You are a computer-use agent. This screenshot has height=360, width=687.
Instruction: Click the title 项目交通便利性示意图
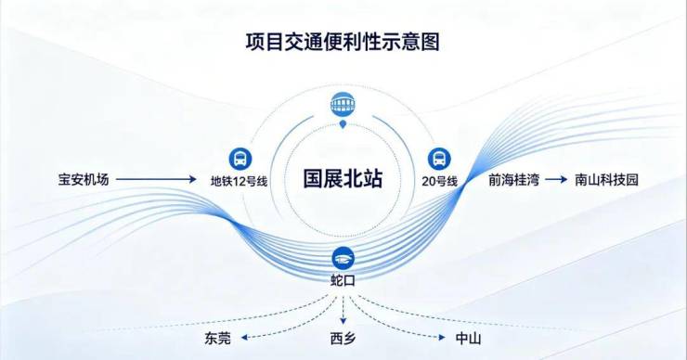point(343,42)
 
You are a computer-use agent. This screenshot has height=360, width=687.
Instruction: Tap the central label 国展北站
point(343,179)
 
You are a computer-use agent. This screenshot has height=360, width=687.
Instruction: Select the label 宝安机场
point(84,180)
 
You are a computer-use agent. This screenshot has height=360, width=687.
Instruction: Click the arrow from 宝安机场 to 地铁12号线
point(156,179)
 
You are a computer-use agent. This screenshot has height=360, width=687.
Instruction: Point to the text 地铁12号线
point(239,181)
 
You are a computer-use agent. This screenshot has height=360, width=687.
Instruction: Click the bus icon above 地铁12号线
point(240,159)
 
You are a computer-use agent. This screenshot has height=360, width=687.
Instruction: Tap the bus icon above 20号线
point(439,159)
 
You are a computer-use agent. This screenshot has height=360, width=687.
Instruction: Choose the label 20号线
point(439,181)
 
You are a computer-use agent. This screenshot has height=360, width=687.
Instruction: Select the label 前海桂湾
point(514,180)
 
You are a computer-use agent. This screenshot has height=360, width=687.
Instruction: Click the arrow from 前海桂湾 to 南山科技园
point(556,180)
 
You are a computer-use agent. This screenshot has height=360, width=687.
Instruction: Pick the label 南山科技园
point(606,180)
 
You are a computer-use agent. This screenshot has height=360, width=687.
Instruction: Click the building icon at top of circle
point(343,104)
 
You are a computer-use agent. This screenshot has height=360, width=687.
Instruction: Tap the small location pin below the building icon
point(343,125)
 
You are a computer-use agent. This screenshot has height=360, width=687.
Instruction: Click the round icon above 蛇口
point(343,258)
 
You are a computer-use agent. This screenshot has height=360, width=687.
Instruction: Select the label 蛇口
point(343,281)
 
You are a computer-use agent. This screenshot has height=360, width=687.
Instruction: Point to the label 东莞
point(217,338)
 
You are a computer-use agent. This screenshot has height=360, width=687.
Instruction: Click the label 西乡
point(343,338)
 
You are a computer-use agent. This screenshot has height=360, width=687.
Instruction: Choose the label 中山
point(469,338)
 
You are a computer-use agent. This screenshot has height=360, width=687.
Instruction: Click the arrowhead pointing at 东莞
point(245,338)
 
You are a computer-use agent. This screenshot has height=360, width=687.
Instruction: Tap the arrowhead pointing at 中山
point(442,338)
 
